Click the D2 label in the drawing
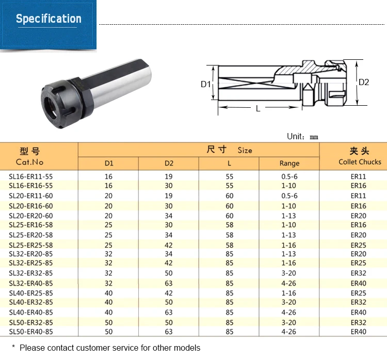pos(364,82)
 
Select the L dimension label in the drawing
pos(258,108)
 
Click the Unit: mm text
pos(303,137)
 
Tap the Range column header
pos(289,163)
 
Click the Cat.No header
pos(29,162)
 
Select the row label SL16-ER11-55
pos(30,176)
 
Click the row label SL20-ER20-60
pos(30,215)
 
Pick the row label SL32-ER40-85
pos(30,283)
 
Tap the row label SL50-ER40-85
pos(30,332)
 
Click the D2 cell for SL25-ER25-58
pos(169,244)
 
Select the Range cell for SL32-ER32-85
pos(289,273)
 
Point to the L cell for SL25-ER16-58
pos(230,225)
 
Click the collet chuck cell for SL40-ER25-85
pos(358,293)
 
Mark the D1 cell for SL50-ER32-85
pos(108,322)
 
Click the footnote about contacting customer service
pos(106,348)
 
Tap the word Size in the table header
pos(245,150)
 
